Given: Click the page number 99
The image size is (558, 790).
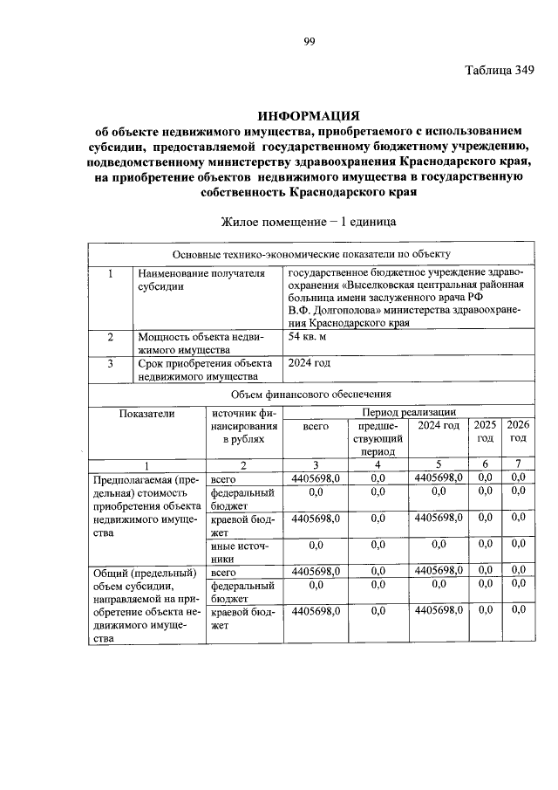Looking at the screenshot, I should (309, 38).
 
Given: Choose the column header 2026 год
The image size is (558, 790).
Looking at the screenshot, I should (519, 431).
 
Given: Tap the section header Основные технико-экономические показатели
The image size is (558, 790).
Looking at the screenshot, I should (311, 254).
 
